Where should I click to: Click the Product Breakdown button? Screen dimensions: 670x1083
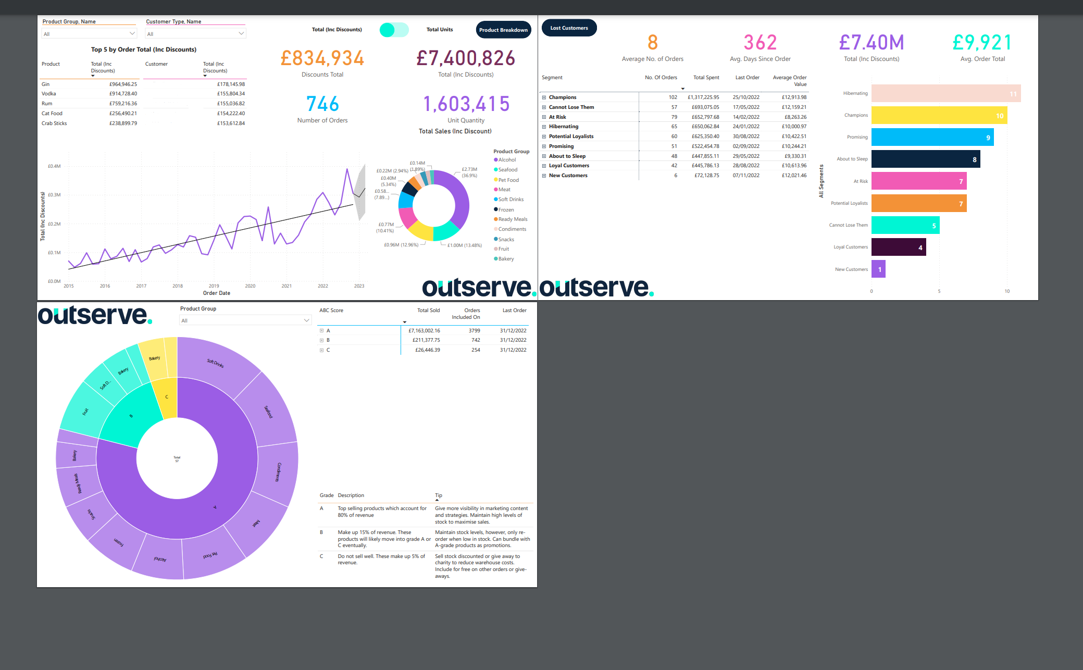[x=503, y=30]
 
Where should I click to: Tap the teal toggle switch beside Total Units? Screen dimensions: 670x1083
[x=394, y=30]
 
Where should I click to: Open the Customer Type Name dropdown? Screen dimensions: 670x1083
[x=195, y=34]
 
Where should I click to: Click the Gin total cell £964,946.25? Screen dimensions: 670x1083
[x=123, y=84]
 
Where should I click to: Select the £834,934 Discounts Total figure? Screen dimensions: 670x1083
[x=322, y=58]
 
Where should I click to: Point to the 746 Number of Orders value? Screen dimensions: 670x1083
[x=322, y=104]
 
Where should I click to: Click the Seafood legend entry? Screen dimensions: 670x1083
[x=507, y=170]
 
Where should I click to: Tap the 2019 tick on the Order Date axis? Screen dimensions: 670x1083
[x=214, y=286]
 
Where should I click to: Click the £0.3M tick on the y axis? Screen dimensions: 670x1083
[x=54, y=195]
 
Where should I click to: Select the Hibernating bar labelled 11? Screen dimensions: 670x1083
[x=945, y=94]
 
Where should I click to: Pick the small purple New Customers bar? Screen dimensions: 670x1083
[x=878, y=269]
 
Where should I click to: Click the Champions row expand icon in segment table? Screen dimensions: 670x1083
[x=544, y=97]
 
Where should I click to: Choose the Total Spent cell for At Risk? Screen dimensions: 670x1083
[x=705, y=117]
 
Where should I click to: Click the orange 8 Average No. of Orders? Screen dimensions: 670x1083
[x=652, y=43]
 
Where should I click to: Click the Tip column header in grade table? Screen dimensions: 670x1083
[x=439, y=495]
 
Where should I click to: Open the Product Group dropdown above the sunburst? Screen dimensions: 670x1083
[x=245, y=320]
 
